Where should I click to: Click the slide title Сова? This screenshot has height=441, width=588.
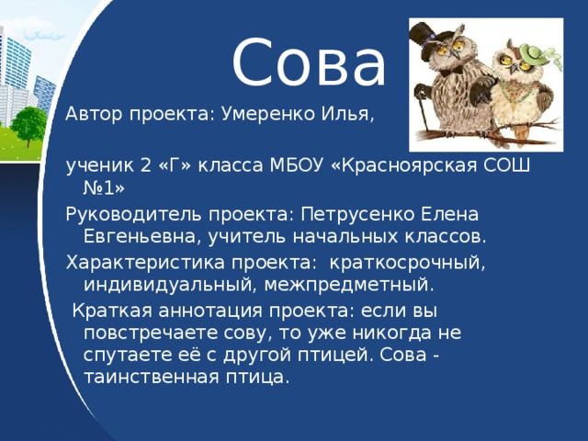click(x=309, y=62)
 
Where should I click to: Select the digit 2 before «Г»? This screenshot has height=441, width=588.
click(x=147, y=165)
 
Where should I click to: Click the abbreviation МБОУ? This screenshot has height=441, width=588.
click(x=296, y=165)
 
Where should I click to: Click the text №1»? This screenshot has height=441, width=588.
click(x=104, y=188)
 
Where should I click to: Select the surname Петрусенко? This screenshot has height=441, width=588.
click(x=357, y=214)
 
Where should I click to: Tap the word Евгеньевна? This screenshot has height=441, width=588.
click(x=140, y=237)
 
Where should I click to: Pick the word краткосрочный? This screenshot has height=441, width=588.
click(x=407, y=263)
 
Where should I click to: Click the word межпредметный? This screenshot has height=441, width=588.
click(x=349, y=285)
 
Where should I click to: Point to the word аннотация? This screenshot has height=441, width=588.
click(x=210, y=311)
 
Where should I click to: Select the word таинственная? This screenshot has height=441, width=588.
click(x=151, y=377)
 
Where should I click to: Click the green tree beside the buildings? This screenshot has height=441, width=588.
click(x=28, y=126)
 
